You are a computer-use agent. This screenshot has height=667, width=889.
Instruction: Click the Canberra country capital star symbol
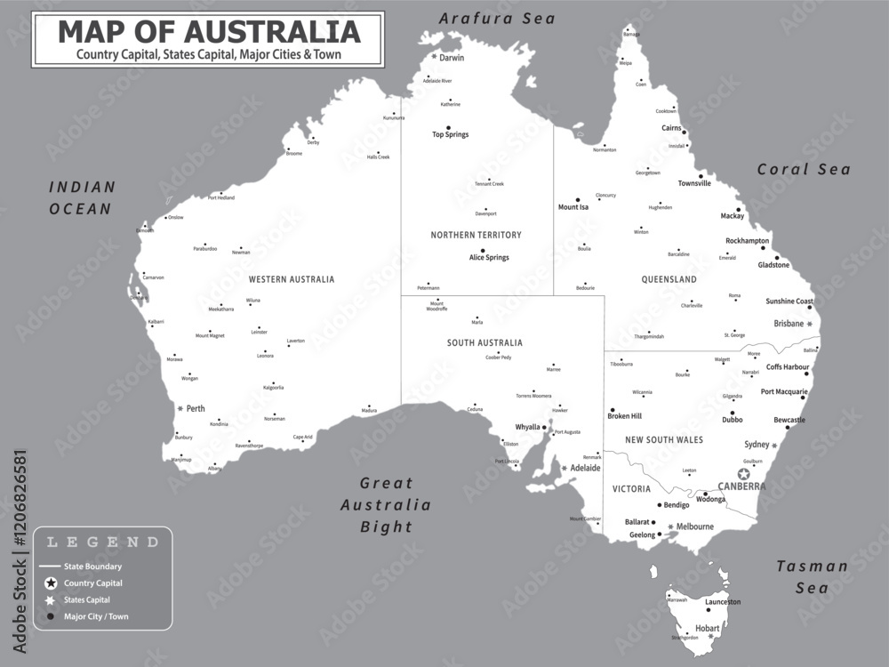tap(743, 474)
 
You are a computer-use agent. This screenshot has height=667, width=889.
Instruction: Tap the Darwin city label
tap(452, 58)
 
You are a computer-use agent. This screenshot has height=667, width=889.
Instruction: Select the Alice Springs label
tap(489, 258)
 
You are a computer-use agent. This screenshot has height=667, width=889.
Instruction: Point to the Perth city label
tap(196, 409)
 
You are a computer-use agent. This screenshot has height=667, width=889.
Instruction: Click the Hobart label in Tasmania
tap(708, 628)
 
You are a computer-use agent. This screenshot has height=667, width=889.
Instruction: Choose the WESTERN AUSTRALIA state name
tap(292, 279)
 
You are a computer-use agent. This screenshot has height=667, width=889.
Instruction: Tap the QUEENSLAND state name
tap(669, 279)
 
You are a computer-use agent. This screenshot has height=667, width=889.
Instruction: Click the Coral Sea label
tap(804, 170)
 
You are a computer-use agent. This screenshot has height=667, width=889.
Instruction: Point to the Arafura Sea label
tap(497, 18)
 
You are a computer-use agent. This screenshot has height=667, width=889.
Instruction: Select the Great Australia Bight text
tap(387, 504)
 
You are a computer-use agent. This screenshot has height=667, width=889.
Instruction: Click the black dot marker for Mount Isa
tap(578, 200)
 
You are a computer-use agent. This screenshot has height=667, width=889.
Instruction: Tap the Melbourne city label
tap(694, 526)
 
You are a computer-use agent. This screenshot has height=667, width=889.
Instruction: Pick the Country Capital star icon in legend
tap(52, 583)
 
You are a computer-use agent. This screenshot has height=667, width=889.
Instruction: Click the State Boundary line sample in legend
tap(51, 567)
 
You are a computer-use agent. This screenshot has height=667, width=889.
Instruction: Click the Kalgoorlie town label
tap(274, 388)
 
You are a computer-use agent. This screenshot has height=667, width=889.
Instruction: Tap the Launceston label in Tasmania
tap(722, 602)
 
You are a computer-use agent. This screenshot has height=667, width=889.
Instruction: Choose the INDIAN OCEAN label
tap(82, 198)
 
